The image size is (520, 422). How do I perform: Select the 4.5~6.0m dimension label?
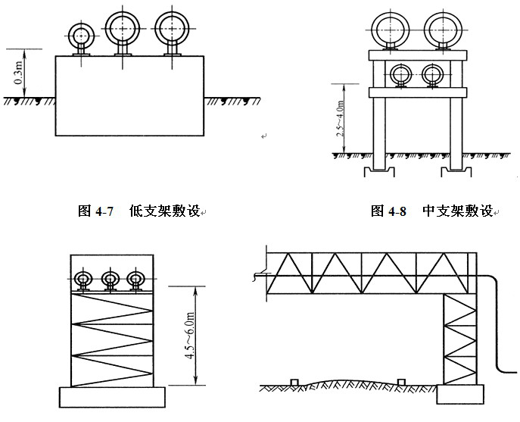[184, 333]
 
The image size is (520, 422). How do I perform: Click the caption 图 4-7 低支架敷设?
[140, 211]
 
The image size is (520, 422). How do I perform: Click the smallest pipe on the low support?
[80, 34]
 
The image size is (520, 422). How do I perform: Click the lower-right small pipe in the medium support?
[433, 75]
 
